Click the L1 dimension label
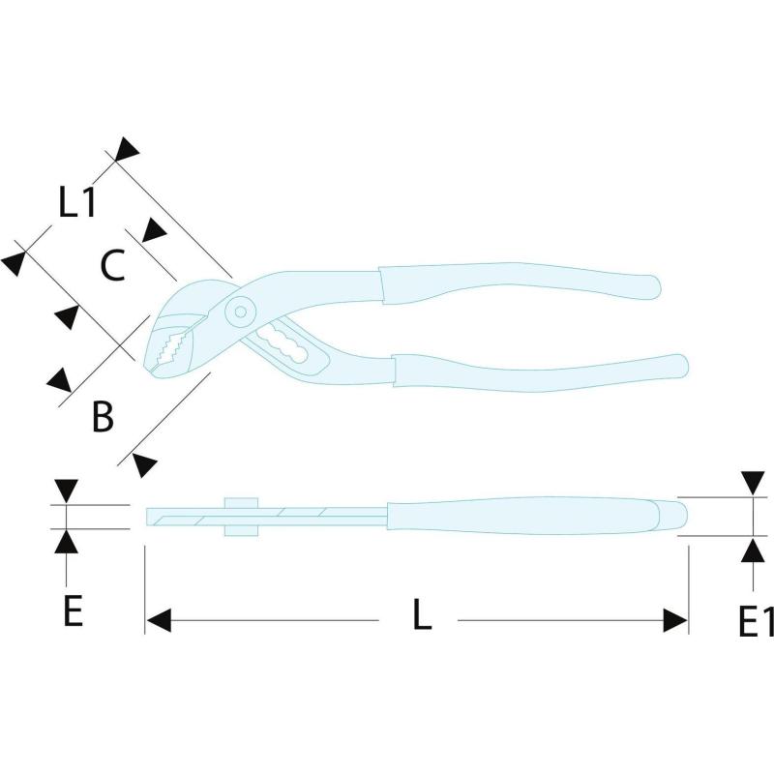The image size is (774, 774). pos(77,202)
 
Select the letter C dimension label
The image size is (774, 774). pos(112,265)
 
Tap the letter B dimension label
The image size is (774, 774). pos(103,417)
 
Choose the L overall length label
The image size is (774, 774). pos(422,614)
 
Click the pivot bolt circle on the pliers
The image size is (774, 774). pos(240,312)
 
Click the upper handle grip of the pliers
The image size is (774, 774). pos(519,283)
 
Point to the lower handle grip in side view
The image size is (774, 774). pos(541,373)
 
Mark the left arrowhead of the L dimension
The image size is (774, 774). pos(159,620)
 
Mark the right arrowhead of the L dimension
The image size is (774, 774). pos(675,620)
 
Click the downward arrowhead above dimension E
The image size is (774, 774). pos(66,491)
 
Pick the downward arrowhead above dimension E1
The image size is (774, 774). pos(754,483)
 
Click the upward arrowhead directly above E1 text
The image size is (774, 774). pos(754,550)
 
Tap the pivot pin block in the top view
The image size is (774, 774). pos(241,517)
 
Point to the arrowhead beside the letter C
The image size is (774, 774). pos(154,231)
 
